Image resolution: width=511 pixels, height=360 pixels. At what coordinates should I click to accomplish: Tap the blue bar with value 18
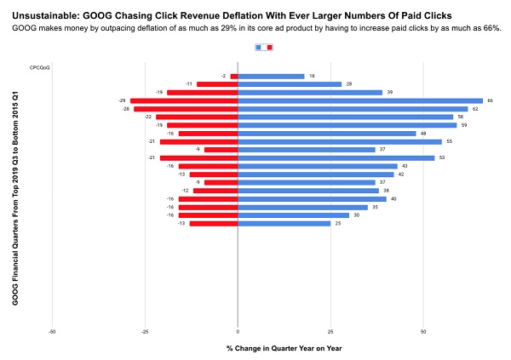pyautogui.click(x=271, y=76)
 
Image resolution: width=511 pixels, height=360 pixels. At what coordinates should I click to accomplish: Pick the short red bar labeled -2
pyautogui.click(x=234, y=76)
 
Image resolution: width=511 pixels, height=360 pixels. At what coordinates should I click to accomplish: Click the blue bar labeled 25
pyautogui.click(x=284, y=223)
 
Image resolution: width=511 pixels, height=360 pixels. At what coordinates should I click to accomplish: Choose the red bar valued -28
pyautogui.click(x=186, y=109)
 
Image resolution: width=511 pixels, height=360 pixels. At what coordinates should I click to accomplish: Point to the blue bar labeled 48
pyautogui.click(x=326, y=133)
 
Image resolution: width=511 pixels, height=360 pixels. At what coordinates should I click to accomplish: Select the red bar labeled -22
pyautogui.click(x=197, y=117)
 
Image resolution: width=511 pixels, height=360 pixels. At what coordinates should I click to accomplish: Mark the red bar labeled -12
pyautogui.click(x=215, y=191)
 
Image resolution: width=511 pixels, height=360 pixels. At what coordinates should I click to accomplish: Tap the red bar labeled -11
pyautogui.click(x=217, y=84)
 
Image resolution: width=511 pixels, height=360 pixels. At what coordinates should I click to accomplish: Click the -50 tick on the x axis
pyautogui.click(x=53, y=332)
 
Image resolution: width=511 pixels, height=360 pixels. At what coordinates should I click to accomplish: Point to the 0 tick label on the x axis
pyautogui.click(x=238, y=332)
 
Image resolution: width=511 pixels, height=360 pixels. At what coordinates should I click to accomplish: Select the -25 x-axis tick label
pyautogui.click(x=145, y=332)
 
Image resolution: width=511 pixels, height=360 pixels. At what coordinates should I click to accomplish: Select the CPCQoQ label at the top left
pyautogui.click(x=39, y=67)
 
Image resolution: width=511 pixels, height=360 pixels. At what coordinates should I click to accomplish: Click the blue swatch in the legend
pyautogui.click(x=259, y=48)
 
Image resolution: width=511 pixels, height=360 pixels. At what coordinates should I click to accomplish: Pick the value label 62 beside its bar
pyautogui.click(x=474, y=109)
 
